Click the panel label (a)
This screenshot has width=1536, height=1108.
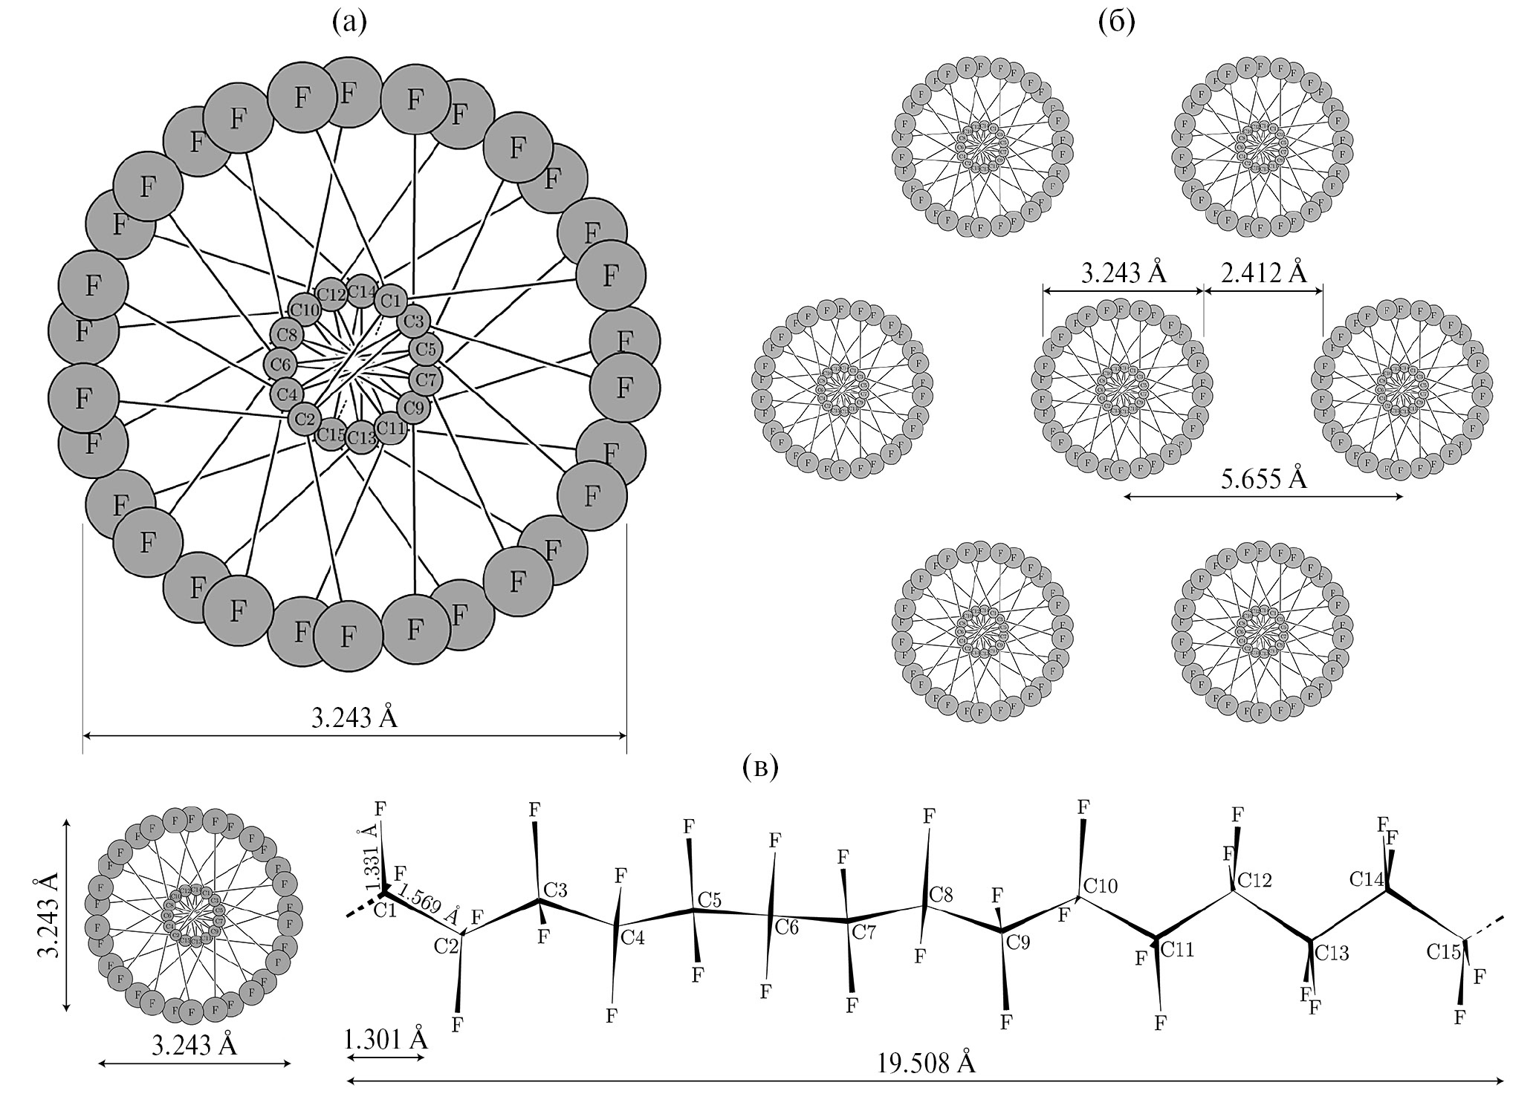[349, 23]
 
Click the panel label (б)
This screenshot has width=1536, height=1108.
[1117, 23]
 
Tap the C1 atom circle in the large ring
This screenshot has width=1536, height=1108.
[391, 302]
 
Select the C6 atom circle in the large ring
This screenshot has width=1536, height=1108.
[281, 365]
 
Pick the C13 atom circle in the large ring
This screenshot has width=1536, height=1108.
[363, 437]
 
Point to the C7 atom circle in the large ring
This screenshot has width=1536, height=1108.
[427, 380]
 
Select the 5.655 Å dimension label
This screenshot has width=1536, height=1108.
[1264, 479]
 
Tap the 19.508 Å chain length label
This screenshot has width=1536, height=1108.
[926, 1063]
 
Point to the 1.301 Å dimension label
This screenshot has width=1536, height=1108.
[386, 1038]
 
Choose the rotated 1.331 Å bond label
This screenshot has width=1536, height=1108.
[372, 861]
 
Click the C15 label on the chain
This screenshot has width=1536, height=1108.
[1443, 951]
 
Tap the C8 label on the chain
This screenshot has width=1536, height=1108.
[942, 894]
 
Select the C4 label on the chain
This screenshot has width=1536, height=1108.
[632, 937]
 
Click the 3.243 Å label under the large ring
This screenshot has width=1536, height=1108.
[354, 718]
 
